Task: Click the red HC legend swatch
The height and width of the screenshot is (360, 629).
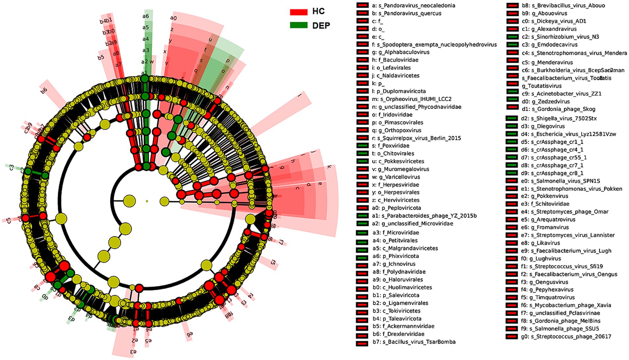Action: (299, 12)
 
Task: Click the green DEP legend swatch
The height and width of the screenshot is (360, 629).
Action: (299, 25)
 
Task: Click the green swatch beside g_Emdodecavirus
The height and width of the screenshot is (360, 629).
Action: (512, 45)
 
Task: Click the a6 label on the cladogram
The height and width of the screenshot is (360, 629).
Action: (146, 16)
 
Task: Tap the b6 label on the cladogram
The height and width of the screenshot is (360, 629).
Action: (44, 90)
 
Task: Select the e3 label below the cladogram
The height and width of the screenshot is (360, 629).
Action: (133, 351)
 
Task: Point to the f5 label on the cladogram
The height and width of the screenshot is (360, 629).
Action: (273, 262)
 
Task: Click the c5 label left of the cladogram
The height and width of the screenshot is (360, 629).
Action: (8, 220)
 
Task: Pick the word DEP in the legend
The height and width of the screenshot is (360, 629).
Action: (321, 25)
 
